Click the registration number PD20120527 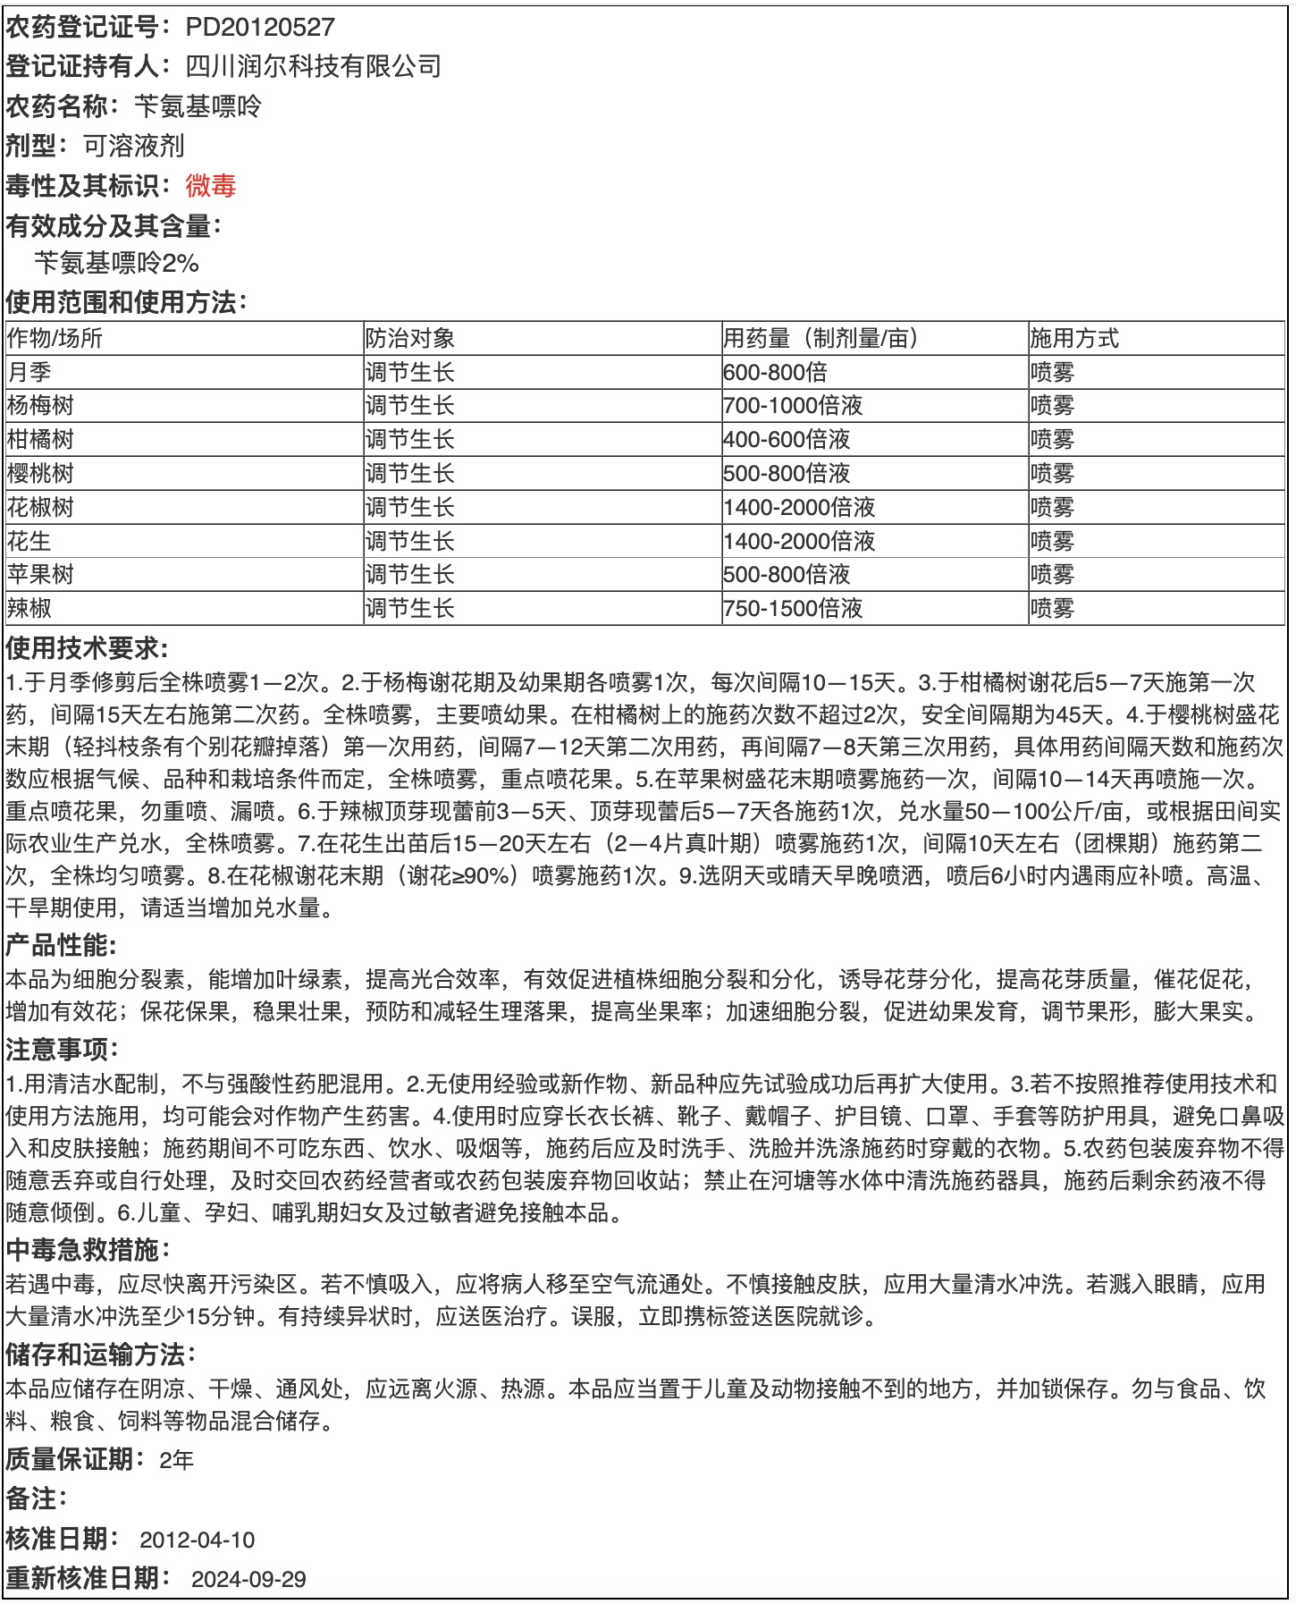point(260,27)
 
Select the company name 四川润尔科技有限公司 point(313,66)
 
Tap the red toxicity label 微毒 point(211,185)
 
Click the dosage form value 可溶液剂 point(134,146)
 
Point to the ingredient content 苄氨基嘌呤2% point(116,263)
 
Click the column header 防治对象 point(410,338)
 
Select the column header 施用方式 point(1074,338)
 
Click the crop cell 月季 point(29,372)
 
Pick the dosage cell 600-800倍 point(776,372)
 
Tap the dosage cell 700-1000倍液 point(794,406)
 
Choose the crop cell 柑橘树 point(41,440)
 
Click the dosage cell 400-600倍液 point(787,440)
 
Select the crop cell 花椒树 point(41,508)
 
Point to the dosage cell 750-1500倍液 point(794,609)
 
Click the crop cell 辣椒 point(29,609)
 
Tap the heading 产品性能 point(61,945)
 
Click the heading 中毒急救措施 point(87,1249)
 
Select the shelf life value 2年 point(177,1460)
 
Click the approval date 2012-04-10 point(198,1540)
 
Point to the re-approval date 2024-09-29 point(248,1579)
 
